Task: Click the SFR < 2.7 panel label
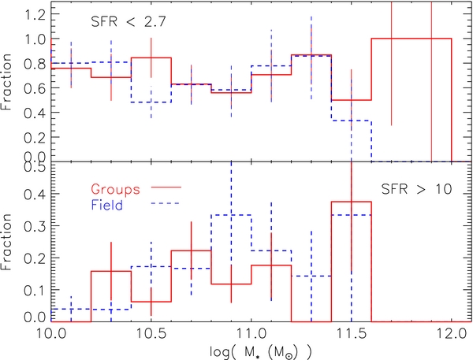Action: click(128, 22)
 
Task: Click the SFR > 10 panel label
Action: click(416, 189)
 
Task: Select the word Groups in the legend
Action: click(116, 190)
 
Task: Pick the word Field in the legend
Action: click(106, 205)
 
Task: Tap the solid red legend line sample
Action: click(166, 187)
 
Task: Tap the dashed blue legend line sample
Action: click(165, 204)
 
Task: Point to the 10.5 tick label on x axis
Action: click(151, 335)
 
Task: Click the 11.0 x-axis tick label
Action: click(251, 335)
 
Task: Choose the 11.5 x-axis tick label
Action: click(352, 335)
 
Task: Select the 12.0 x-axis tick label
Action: click(452, 335)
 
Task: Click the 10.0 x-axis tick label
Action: click(50, 335)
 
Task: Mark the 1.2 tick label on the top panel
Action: click(35, 14)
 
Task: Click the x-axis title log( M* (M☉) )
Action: click(261, 352)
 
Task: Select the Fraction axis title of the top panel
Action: click(6, 82)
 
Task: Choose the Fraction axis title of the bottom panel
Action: click(6, 242)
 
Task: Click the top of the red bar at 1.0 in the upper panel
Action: click(412, 39)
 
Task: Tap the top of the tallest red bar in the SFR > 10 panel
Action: click(352, 202)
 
